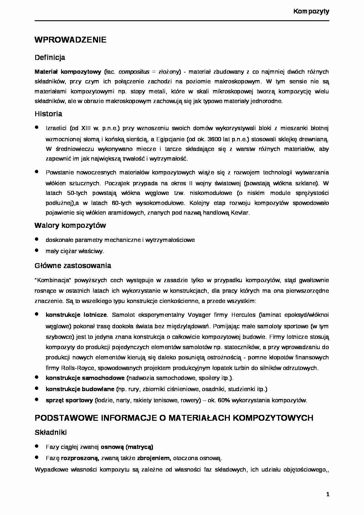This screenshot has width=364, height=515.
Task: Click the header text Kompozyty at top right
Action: click(x=311, y=11)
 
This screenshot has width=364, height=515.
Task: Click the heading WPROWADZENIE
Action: click(x=70, y=40)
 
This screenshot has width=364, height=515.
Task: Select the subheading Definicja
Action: click(x=50, y=58)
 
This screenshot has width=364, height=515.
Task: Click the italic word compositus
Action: click(x=134, y=72)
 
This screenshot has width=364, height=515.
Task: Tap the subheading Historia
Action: click(x=48, y=114)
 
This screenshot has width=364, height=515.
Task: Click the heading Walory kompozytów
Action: click(x=70, y=225)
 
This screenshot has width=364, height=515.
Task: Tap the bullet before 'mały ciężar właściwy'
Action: click(x=37, y=250)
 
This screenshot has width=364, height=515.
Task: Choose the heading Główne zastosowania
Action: click(x=73, y=266)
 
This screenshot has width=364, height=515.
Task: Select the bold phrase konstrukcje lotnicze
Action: click(x=76, y=315)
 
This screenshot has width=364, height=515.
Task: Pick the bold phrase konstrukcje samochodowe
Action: click(x=85, y=378)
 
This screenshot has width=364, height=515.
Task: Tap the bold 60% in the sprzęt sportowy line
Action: click(x=224, y=400)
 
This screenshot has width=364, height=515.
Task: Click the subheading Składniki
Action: click(x=51, y=432)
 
